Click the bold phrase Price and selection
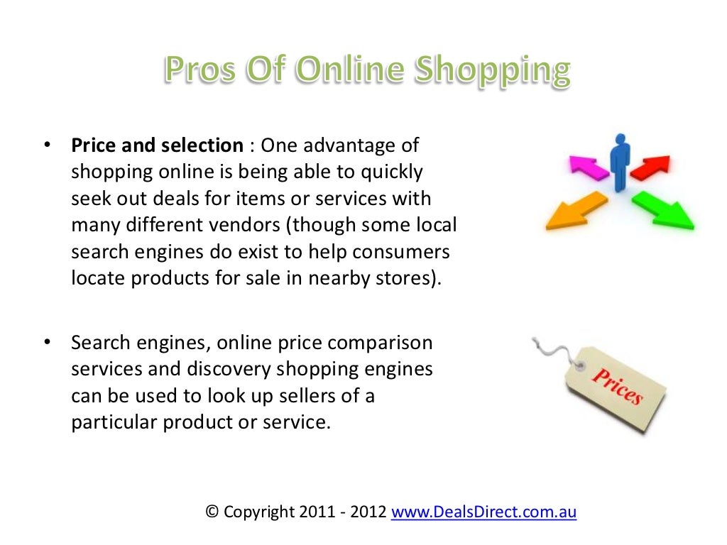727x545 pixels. [157, 146]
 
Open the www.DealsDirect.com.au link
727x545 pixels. [483, 512]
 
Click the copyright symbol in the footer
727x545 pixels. [212, 512]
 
